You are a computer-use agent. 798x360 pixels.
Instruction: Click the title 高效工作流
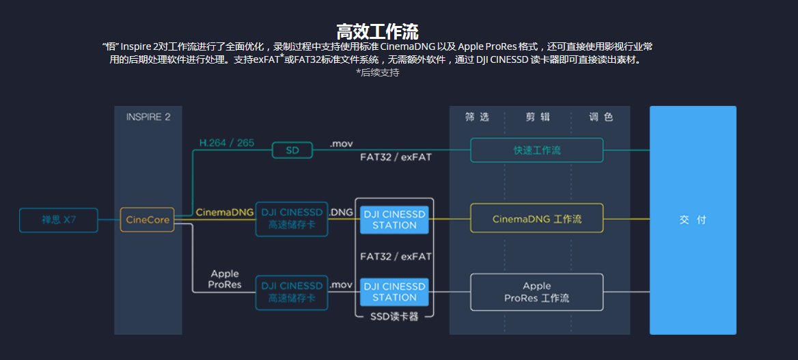tap(377, 31)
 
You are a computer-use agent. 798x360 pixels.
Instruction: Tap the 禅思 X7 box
tap(59, 220)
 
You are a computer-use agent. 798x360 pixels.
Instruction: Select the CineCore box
tap(147, 220)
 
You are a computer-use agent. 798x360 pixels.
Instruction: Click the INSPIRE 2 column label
tap(148, 117)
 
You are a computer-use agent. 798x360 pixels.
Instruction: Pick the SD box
tap(292, 150)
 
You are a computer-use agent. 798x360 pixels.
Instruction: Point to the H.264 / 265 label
tap(226, 143)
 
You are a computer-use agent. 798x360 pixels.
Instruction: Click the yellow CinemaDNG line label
tap(225, 212)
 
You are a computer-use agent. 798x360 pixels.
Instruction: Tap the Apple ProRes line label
tap(225, 279)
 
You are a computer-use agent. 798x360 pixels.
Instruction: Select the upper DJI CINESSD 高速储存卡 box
tap(292, 219)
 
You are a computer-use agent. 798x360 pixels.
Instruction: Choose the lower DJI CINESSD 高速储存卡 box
tap(292, 292)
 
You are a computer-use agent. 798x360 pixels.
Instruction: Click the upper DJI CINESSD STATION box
tap(394, 219)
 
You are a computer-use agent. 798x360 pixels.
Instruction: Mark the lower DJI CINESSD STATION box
tap(394, 292)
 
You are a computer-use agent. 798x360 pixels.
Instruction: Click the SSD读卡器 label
tap(394, 317)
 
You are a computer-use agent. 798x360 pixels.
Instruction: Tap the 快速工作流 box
tap(536, 150)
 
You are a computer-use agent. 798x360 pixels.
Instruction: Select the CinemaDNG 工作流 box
tap(536, 219)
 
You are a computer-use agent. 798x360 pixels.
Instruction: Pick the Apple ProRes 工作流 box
tap(536, 292)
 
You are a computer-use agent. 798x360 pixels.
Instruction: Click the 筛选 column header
tap(477, 117)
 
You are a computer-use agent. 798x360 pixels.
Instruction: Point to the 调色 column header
tap(601, 117)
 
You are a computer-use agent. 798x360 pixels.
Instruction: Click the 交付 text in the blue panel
tap(692, 220)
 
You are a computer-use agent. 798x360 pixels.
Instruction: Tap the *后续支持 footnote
tap(377, 72)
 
